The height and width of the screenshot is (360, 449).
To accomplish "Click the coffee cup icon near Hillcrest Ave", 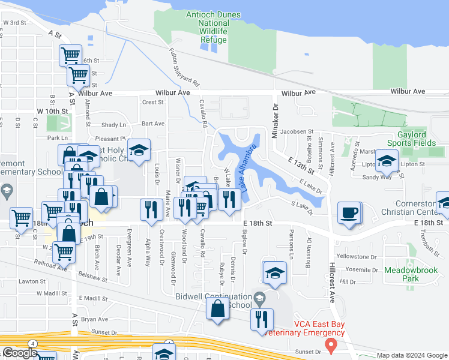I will [349, 212].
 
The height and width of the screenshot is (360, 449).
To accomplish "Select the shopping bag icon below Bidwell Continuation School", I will [218, 308].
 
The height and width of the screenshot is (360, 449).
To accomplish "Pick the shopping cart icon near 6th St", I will [71, 55].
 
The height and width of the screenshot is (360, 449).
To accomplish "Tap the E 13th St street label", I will [299, 161].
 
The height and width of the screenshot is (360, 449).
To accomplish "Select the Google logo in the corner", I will [20, 353].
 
